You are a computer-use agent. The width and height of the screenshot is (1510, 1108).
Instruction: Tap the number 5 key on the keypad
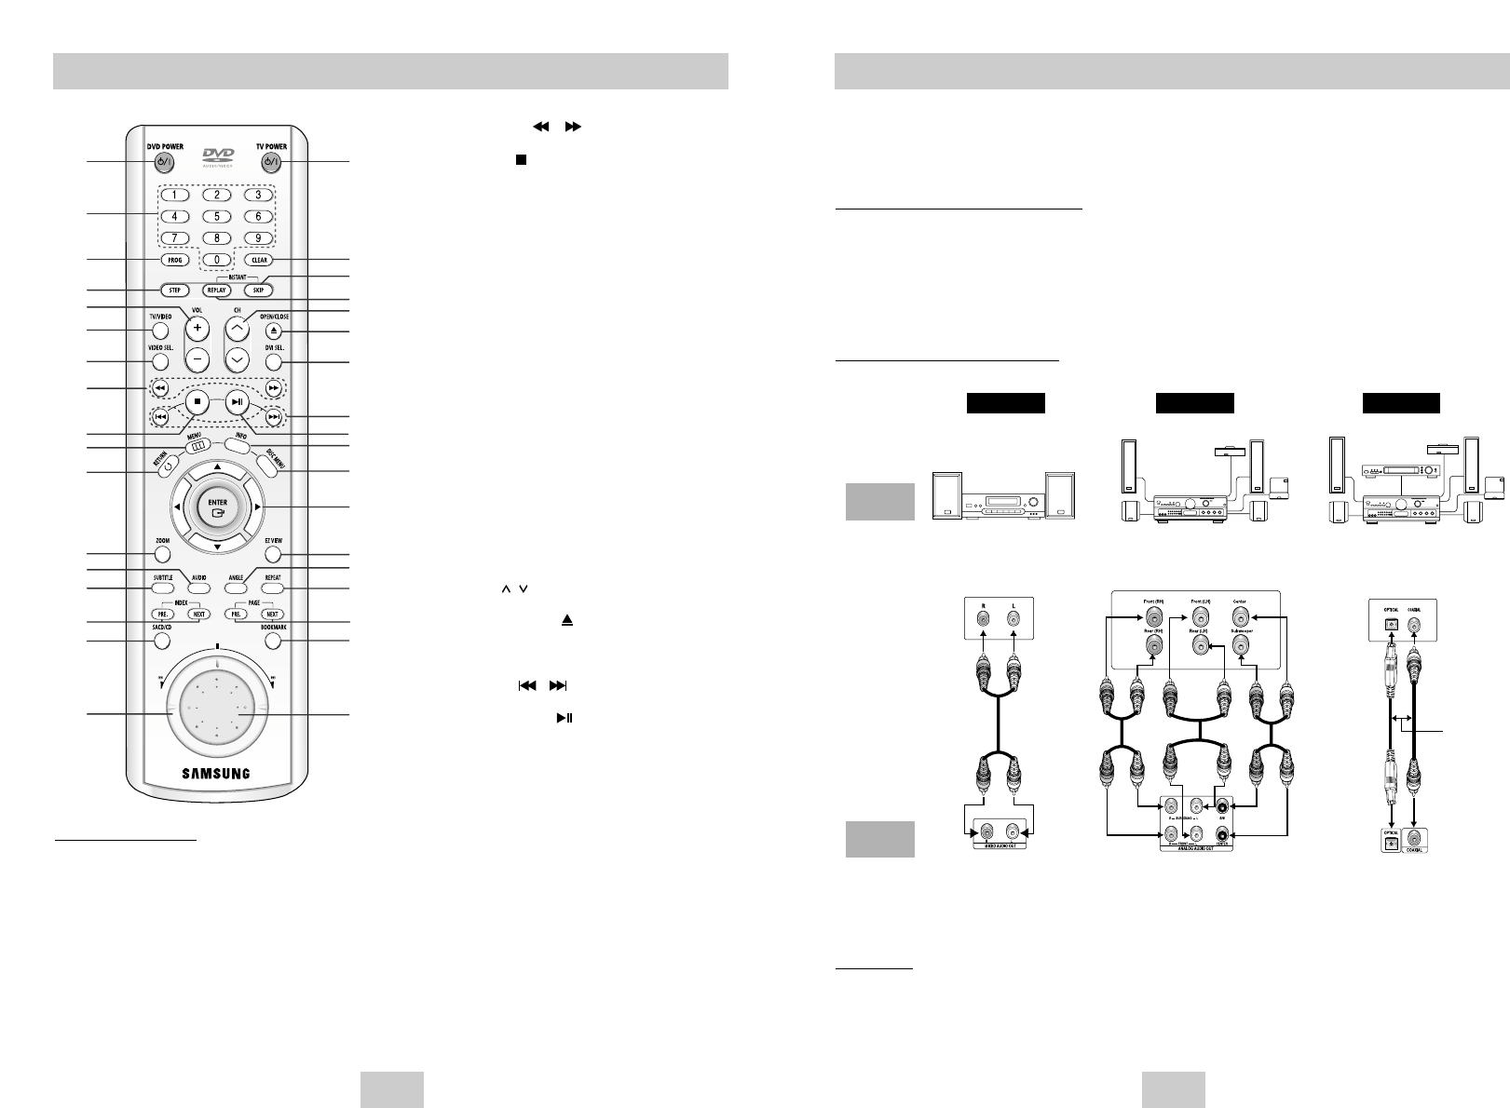pyautogui.click(x=216, y=216)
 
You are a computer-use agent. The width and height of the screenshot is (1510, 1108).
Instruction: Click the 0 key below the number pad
pyautogui.click(x=216, y=259)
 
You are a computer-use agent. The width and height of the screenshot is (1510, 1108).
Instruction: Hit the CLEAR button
pyautogui.click(x=258, y=260)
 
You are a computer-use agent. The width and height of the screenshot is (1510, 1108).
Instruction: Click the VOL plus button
pyautogui.click(x=197, y=329)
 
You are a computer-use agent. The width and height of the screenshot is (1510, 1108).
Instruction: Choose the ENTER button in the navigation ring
pyautogui.click(x=216, y=507)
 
